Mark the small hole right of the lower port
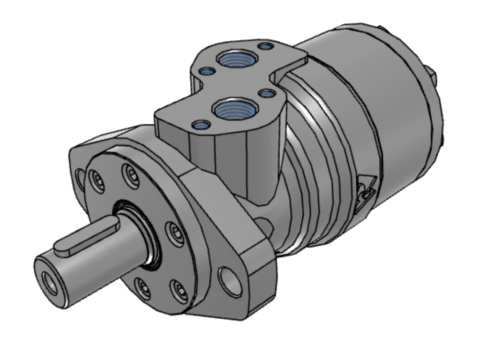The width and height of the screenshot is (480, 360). [x=267, y=93]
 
